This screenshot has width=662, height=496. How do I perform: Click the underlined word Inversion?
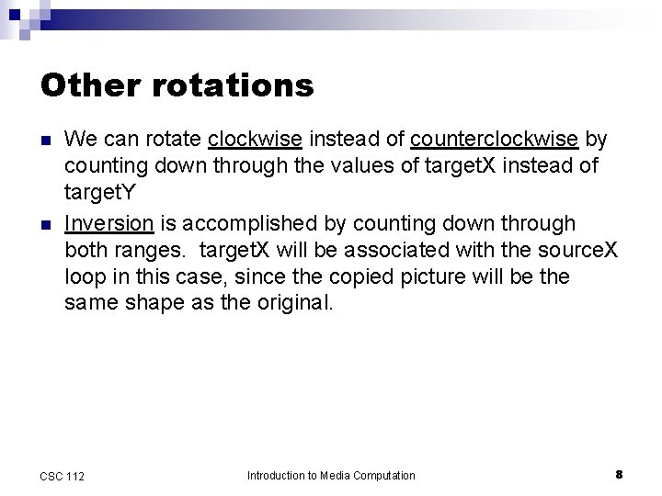coord(109,224)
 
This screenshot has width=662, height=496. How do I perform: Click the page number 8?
coord(619,474)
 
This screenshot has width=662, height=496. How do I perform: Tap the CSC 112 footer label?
coord(63,476)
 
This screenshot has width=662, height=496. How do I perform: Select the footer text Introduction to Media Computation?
coord(331,475)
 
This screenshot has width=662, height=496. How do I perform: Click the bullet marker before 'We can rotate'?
coord(45,141)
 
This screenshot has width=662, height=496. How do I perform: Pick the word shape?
coord(151,304)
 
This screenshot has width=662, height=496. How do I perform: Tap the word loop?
coord(84,277)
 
